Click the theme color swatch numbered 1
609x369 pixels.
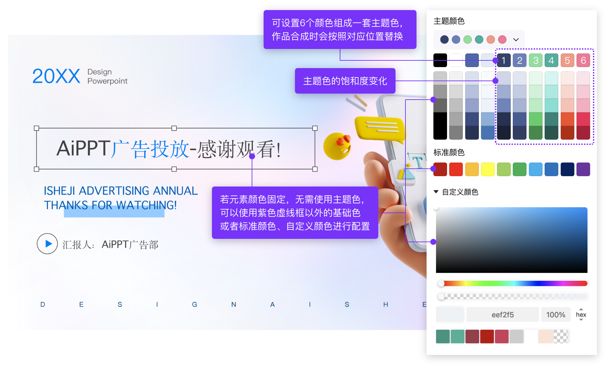504,60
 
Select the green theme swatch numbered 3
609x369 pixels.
536,60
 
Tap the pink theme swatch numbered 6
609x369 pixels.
583,60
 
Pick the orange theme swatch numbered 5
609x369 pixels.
567,60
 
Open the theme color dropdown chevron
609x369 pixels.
516,40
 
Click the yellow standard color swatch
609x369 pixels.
488,169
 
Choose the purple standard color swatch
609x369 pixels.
583,169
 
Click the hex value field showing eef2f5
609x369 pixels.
502,315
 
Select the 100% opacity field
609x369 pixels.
556,315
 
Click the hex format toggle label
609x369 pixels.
581,315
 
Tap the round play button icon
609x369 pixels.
47,244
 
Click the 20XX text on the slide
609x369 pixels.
56,76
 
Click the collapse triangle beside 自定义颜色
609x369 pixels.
436,192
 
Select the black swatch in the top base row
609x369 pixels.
440,60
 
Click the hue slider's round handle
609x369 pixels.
441,283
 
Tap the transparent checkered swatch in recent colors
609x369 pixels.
560,336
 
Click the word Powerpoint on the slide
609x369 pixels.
107,81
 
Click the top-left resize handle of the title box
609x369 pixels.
37,128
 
